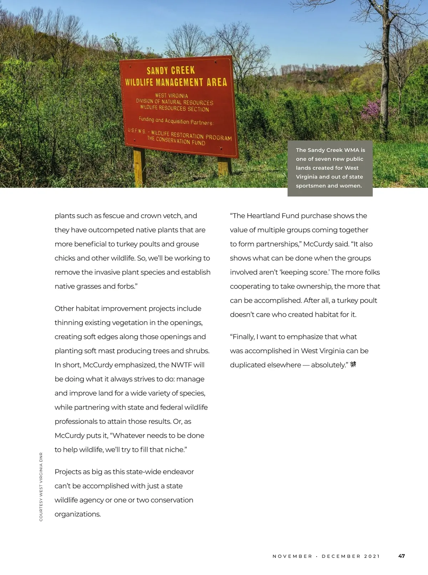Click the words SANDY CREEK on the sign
pyautogui.click(x=171, y=70)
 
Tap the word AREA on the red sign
pyautogui.click(x=217, y=82)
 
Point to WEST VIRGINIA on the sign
pyautogui.click(x=171, y=96)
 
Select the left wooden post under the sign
pyautogui.click(x=139, y=168)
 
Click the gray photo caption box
pyautogui.click(x=330, y=168)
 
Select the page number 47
pyautogui.click(x=402, y=556)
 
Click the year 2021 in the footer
pyautogui.click(x=372, y=556)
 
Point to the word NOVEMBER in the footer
pyautogui.click(x=292, y=556)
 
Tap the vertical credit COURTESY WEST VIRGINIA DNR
pyautogui.click(x=41, y=487)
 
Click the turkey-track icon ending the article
pyautogui.click(x=353, y=364)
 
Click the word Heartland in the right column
pyautogui.click(x=263, y=216)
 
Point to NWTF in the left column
pyautogui.click(x=182, y=365)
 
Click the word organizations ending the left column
pyautogui.click(x=77, y=514)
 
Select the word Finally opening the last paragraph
pyautogui.click(x=244, y=337)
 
